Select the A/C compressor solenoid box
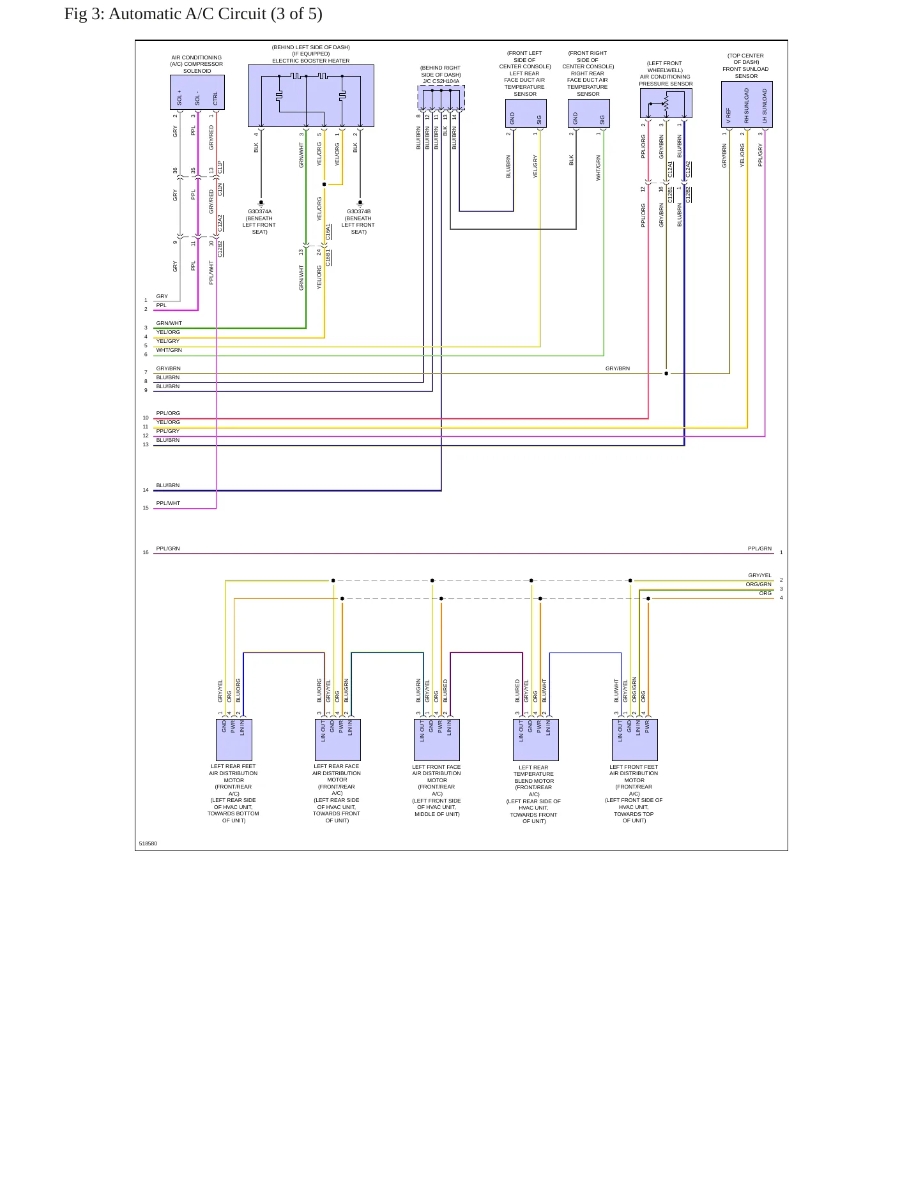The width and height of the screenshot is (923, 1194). pyautogui.click(x=197, y=93)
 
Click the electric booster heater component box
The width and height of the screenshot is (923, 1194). pyautogui.click(x=311, y=96)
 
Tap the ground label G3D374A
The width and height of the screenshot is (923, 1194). pyautogui.click(x=260, y=211)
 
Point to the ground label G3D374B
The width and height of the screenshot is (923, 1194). pyautogui.click(x=359, y=211)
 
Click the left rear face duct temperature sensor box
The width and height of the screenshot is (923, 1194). pyautogui.click(x=526, y=113)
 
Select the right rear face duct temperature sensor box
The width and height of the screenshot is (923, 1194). pyautogui.click(x=588, y=113)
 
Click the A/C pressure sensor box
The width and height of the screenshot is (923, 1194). pyautogui.click(x=666, y=103)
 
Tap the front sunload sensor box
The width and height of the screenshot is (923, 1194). pyautogui.click(x=747, y=104)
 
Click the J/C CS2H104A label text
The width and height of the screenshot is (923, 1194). pyautogui.click(x=441, y=81)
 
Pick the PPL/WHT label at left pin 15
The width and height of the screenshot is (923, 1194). pyautogui.click(x=168, y=503)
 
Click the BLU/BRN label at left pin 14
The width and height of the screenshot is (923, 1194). pyautogui.click(x=168, y=485)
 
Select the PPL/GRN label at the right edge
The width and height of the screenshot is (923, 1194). pyautogui.click(x=759, y=548)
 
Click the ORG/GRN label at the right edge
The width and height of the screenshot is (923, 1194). pyautogui.click(x=758, y=584)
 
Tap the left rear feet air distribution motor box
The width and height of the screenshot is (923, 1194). pyautogui.click(x=234, y=740)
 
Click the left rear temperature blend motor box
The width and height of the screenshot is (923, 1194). pyautogui.click(x=536, y=740)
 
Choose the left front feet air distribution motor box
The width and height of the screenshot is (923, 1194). pyautogui.click(x=635, y=740)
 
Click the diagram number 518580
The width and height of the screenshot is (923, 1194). pyautogui.click(x=148, y=843)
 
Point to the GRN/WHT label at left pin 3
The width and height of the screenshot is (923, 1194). pyautogui.click(x=169, y=323)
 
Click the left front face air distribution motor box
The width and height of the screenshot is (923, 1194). pyautogui.click(x=437, y=740)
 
